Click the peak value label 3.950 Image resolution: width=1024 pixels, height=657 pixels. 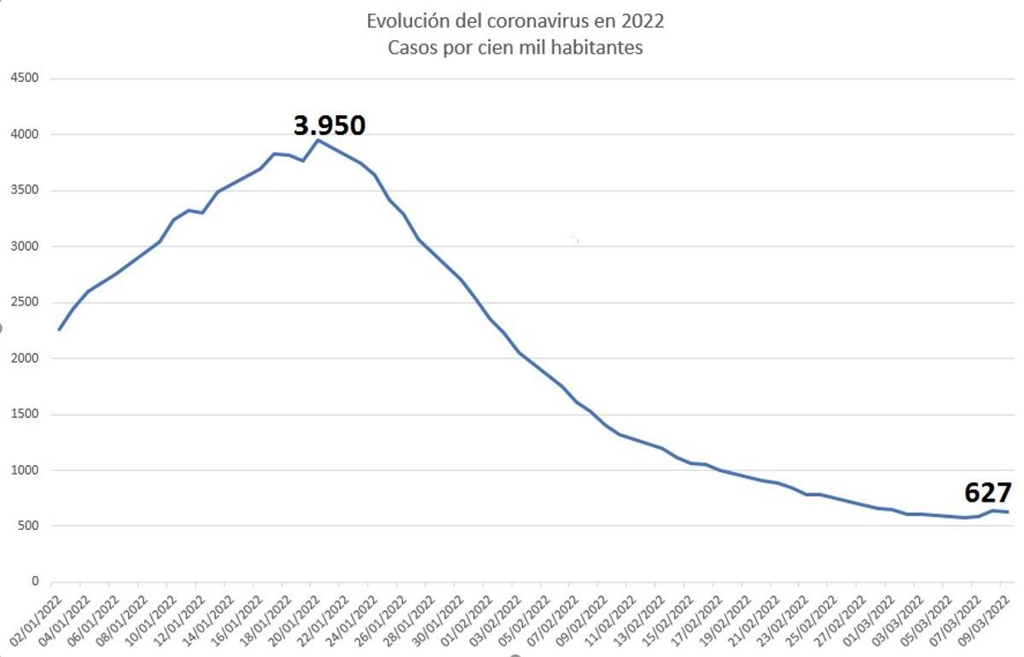(x=329, y=125)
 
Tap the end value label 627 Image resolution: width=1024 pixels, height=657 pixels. (x=987, y=493)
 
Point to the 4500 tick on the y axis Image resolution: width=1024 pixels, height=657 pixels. (x=24, y=78)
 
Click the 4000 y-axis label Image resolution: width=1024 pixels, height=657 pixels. (x=24, y=135)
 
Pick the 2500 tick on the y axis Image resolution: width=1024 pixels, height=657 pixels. (x=24, y=303)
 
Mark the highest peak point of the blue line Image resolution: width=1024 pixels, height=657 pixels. (x=318, y=139)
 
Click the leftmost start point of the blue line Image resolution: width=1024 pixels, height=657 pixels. (x=59, y=329)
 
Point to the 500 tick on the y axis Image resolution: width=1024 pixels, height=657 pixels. (x=27, y=526)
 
